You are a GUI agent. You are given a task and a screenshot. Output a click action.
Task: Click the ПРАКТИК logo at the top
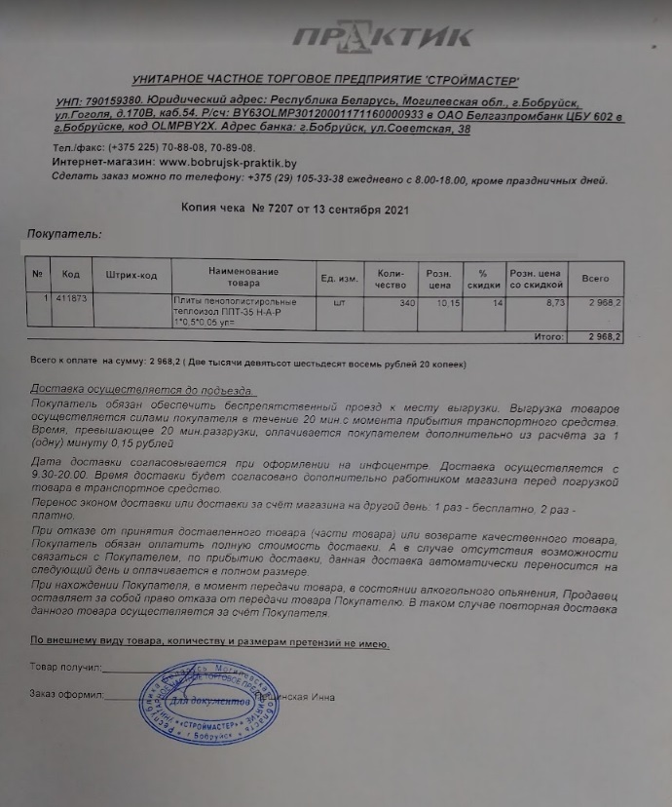pyautogui.click(x=383, y=38)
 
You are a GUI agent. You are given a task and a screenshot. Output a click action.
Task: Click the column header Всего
pyautogui.click(x=595, y=278)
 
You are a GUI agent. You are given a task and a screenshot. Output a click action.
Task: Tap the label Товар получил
pyautogui.click(x=65, y=669)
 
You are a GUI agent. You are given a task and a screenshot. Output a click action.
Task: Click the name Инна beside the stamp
pyautogui.click(x=324, y=697)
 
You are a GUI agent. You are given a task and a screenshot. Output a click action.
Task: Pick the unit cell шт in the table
pyautogui.click(x=340, y=302)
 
